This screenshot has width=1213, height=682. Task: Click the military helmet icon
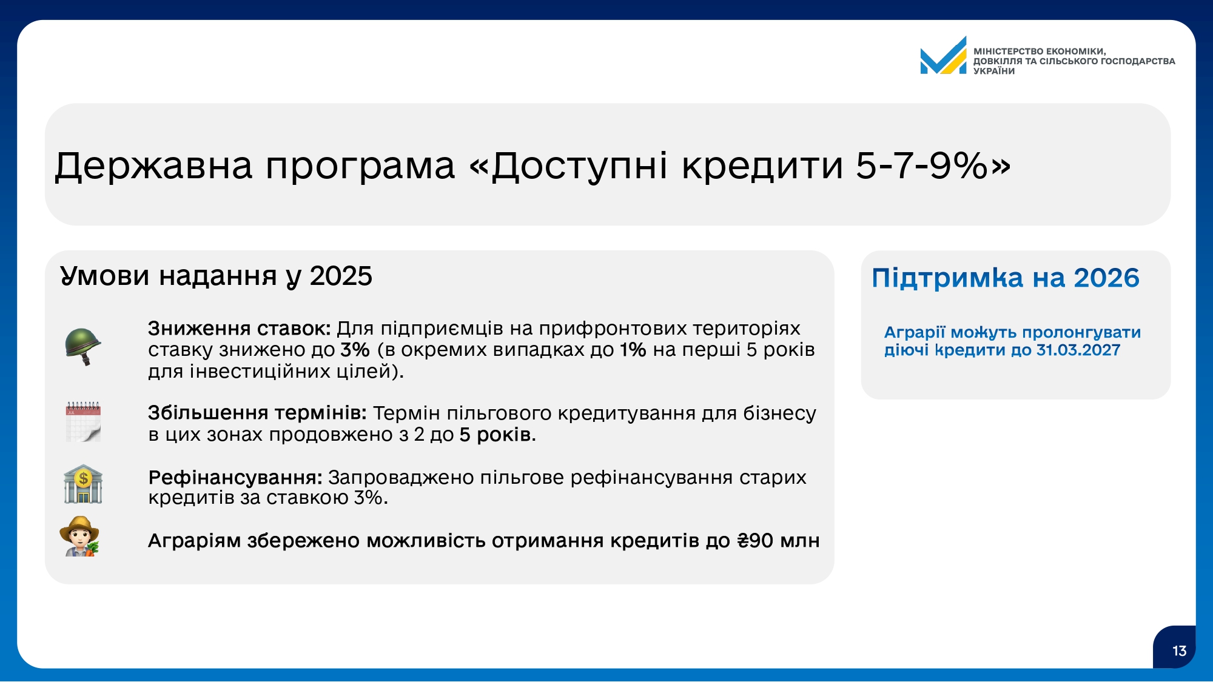point(83,346)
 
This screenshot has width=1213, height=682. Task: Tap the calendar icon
point(83,421)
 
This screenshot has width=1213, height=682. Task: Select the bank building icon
point(83,484)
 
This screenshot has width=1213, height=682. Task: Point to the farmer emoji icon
point(79,536)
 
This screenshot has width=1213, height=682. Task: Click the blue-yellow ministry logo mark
point(943,56)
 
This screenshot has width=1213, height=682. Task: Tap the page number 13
point(1179,651)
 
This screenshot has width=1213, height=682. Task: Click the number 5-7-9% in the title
point(922,165)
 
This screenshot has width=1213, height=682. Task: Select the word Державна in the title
point(153,166)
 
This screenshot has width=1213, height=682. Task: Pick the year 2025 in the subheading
point(341,276)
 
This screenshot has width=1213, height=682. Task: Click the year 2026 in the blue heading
point(1107,278)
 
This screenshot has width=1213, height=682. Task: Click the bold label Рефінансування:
point(235,478)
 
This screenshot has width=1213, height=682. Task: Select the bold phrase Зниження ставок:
point(240,329)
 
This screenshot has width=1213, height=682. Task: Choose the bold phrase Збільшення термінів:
point(258,413)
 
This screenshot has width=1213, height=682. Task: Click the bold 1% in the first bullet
point(633,350)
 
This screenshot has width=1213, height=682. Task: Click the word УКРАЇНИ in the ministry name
point(994,71)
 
